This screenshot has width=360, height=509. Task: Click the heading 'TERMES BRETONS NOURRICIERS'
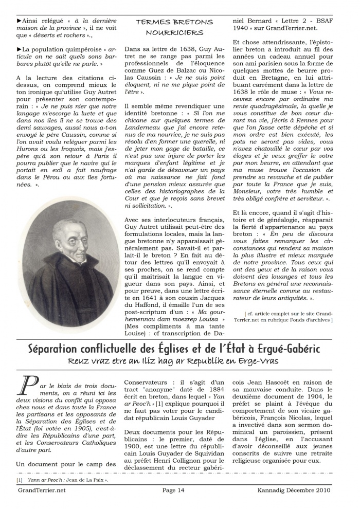click(174, 27)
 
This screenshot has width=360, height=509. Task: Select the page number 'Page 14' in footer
click(173, 490)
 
